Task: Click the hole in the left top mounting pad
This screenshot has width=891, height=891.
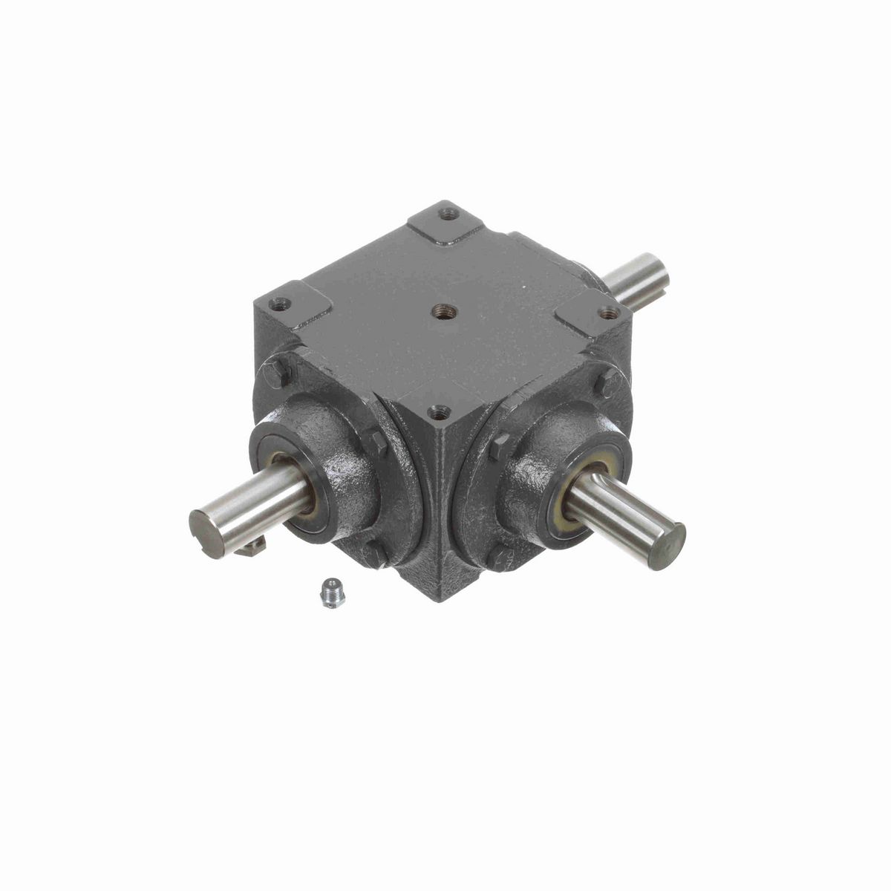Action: (x=280, y=303)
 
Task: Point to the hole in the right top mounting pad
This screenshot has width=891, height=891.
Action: (x=610, y=313)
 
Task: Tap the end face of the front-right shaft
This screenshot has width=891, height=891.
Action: (x=668, y=546)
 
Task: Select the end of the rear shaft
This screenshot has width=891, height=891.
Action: (x=656, y=270)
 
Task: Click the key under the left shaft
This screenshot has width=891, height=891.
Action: (x=253, y=547)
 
